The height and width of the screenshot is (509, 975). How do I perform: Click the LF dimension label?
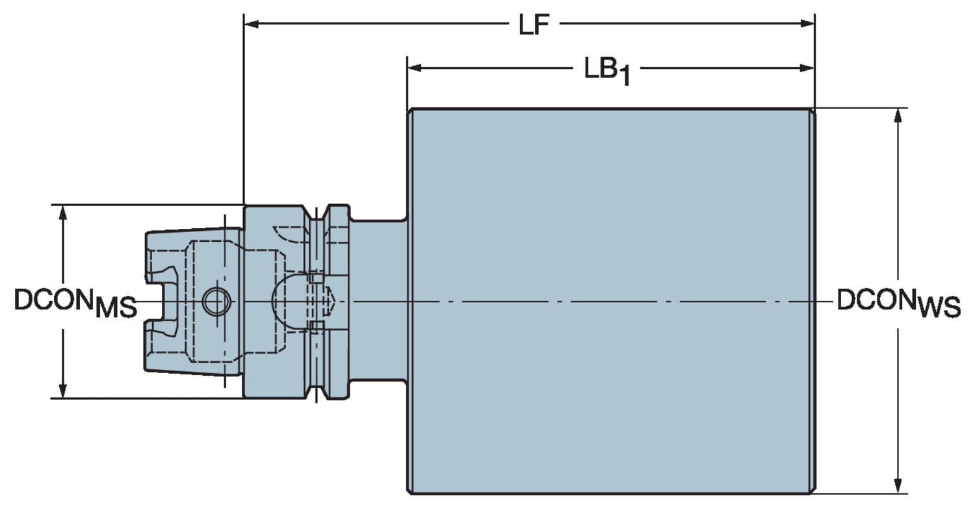pyautogui.click(x=534, y=25)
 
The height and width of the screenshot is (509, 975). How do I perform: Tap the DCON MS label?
pyautogui.click(x=75, y=302)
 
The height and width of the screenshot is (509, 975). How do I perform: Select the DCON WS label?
pyautogui.click(x=898, y=302)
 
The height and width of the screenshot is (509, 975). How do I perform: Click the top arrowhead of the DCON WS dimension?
pyautogui.click(x=898, y=116)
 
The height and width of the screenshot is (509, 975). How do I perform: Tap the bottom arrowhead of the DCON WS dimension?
pyautogui.click(x=898, y=486)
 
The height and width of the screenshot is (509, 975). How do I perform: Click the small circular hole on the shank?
pyautogui.click(x=215, y=302)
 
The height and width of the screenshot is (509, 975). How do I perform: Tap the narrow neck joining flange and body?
pyautogui.click(x=379, y=300)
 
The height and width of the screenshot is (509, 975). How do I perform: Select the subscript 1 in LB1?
pyautogui.click(x=623, y=77)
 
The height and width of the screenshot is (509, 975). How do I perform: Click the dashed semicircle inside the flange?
pyautogui.click(x=286, y=302)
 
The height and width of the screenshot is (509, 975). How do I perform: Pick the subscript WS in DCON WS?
pyautogui.click(x=939, y=307)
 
